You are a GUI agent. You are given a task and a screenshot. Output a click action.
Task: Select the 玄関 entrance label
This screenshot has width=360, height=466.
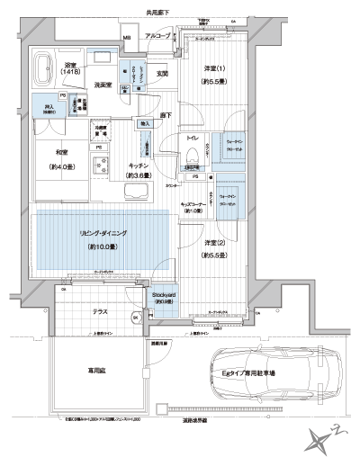point(162,73)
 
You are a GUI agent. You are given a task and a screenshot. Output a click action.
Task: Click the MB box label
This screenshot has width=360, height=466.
point(127,37)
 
